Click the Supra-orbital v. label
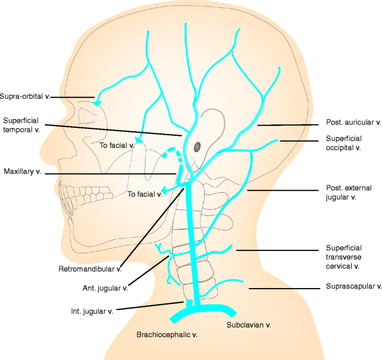point(25,96)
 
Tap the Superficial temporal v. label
point(22,124)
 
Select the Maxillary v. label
point(22,172)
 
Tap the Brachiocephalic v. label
point(167,335)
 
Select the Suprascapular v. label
point(353,286)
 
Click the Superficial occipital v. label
point(344,143)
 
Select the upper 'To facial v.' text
point(116,146)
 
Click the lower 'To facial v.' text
point(144,195)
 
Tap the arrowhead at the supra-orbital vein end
point(97,103)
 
